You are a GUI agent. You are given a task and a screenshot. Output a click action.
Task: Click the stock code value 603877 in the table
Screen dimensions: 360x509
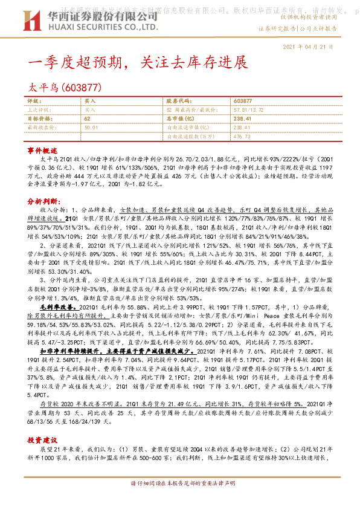click(242, 101)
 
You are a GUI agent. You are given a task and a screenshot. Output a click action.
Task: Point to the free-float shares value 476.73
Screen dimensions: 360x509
click(242, 137)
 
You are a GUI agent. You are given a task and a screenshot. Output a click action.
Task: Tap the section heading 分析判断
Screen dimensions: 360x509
click(42, 199)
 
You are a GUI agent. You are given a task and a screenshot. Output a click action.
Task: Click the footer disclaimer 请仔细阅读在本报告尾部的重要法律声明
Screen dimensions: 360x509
click(179, 501)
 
